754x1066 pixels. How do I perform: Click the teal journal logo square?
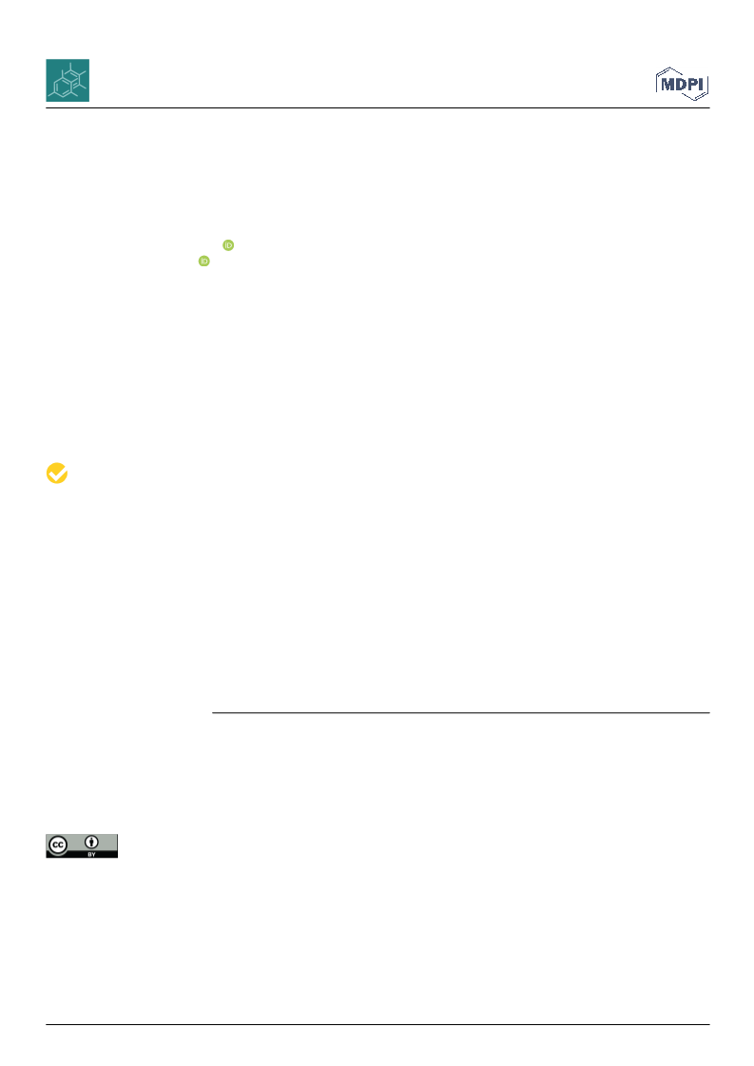pyautogui.click(x=68, y=80)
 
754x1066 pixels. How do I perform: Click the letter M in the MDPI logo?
pyautogui.click(x=667, y=85)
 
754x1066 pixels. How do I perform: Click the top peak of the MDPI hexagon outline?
pyautogui.click(x=671, y=68)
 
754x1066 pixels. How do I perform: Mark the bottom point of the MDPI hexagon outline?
pyautogui.click(x=693, y=100)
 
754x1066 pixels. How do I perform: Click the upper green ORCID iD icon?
pyautogui.click(x=228, y=245)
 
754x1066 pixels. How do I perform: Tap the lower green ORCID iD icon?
pyautogui.click(x=204, y=262)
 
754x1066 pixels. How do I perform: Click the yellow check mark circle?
pyautogui.click(x=57, y=474)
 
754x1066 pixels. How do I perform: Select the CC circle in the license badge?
pyautogui.click(x=58, y=845)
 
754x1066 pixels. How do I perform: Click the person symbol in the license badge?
pyautogui.click(x=91, y=843)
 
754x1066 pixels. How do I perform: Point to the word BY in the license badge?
pyautogui.click(x=91, y=854)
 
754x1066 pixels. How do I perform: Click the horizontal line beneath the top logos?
pyautogui.click(x=377, y=108)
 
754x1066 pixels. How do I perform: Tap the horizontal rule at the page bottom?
pyautogui.click(x=377, y=1024)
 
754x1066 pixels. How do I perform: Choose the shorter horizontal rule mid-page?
pyautogui.click(x=461, y=713)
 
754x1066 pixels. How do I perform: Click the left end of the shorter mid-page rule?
pyautogui.click(x=212, y=713)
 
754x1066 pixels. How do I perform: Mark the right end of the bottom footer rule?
pyautogui.click(x=710, y=1024)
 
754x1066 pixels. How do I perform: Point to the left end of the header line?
pyautogui.click(x=46, y=108)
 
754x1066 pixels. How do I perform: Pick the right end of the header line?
pyautogui.click(x=710, y=108)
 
